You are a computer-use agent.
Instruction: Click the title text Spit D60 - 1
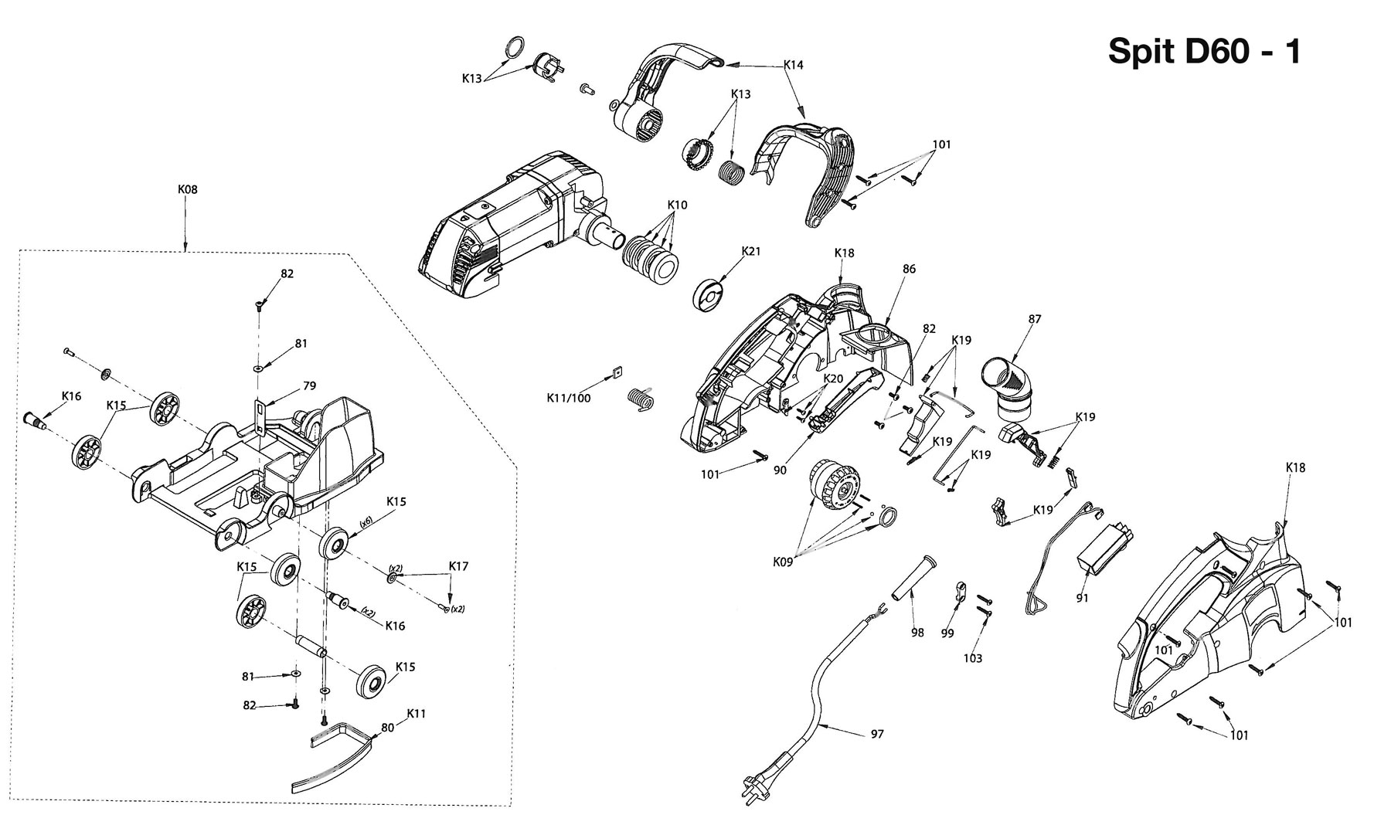tap(1205, 52)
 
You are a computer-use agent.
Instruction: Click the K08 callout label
tap(188, 189)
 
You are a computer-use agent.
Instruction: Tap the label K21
tap(751, 251)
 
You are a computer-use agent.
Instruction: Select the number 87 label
tap(1036, 318)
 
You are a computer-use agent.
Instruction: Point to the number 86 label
tap(909, 269)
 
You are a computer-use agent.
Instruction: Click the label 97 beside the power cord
tap(876, 734)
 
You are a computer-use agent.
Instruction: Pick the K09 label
tap(782, 562)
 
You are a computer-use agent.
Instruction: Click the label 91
tap(1082, 598)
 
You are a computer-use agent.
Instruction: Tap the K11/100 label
tap(569, 398)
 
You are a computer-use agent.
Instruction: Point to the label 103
tap(972, 658)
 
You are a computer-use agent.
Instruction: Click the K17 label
tap(458, 565)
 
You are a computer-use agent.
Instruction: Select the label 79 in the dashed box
tap(309, 386)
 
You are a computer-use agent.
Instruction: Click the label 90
tap(780, 470)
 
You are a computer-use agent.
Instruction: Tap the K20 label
tap(833, 379)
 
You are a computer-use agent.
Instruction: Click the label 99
tap(947, 633)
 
